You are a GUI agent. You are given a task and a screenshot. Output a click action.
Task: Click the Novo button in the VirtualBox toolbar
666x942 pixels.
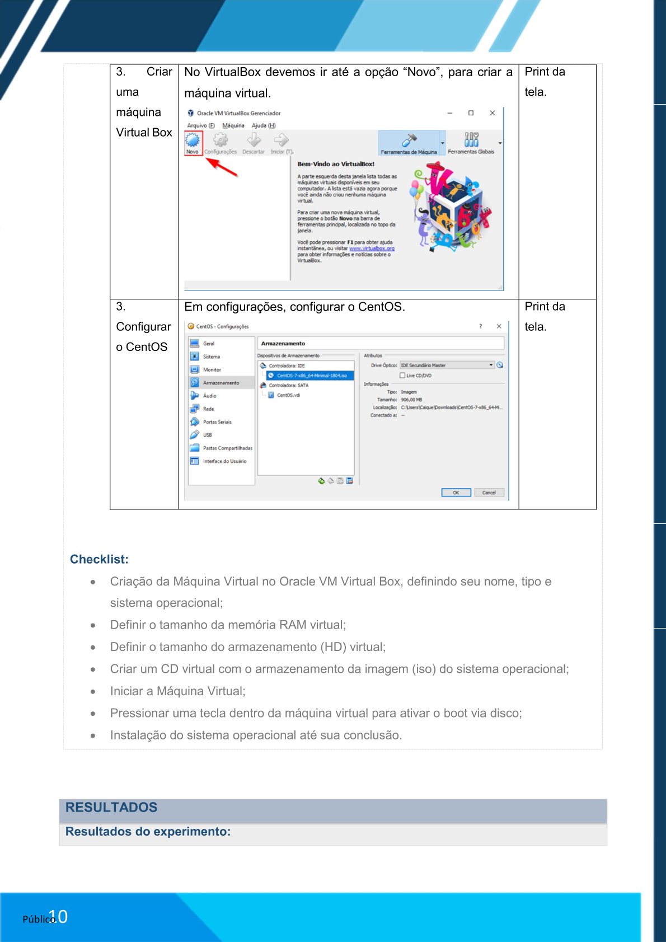click(193, 143)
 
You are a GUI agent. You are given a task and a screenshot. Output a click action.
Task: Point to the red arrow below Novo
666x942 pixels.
click(222, 167)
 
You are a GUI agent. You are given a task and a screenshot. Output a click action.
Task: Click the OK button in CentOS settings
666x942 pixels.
click(456, 493)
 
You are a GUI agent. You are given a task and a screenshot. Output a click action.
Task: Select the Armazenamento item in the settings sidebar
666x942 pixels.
click(221, 383)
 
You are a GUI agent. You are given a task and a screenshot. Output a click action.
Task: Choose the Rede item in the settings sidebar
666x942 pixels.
click(208, 409)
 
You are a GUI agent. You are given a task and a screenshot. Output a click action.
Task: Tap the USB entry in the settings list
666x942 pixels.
click(207, 435)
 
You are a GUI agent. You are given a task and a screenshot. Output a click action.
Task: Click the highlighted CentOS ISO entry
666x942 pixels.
click(311, 376)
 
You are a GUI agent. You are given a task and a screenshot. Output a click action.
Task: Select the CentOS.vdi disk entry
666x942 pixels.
click(288, 395)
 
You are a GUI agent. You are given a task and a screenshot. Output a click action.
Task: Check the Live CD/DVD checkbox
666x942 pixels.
click(402, 376)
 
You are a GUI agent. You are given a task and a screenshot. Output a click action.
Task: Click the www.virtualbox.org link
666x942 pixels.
click(372, 249)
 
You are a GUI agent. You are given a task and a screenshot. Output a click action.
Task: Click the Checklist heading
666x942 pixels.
click(99, 559)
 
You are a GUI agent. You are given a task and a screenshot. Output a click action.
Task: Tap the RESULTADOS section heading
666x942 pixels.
click(111, 807)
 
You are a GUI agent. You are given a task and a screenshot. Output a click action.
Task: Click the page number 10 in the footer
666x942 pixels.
click(59, 917)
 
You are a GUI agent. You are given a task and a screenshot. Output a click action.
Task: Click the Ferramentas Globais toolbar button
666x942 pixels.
click(471, 143)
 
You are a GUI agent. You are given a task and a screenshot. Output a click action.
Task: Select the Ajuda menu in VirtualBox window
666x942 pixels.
click(263, 125)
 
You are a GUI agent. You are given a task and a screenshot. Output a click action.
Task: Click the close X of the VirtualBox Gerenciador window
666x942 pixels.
click(493, 113)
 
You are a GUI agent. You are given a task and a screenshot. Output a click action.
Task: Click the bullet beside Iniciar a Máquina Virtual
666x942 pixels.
click(93, 692)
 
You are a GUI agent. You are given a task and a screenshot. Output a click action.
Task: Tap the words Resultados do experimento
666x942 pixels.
click(148, 832)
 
